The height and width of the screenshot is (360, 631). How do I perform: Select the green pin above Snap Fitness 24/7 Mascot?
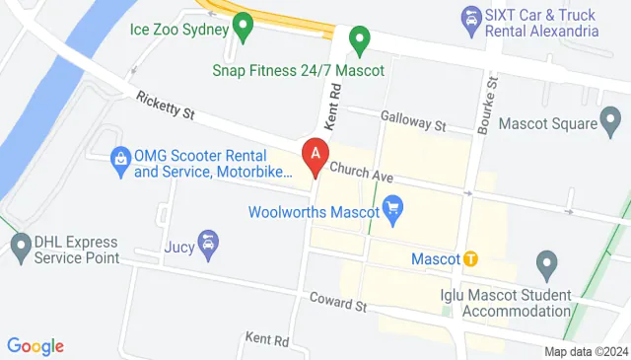coord(360,41)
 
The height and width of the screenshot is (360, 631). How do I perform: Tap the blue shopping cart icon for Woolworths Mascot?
coord(394,209)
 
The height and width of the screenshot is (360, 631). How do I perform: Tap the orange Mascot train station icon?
coord(471,258)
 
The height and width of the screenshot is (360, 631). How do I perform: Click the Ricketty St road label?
coord(165,107)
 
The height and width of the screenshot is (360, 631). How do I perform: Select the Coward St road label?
coord(338,301)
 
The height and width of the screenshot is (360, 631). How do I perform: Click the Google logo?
coord(35,345)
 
